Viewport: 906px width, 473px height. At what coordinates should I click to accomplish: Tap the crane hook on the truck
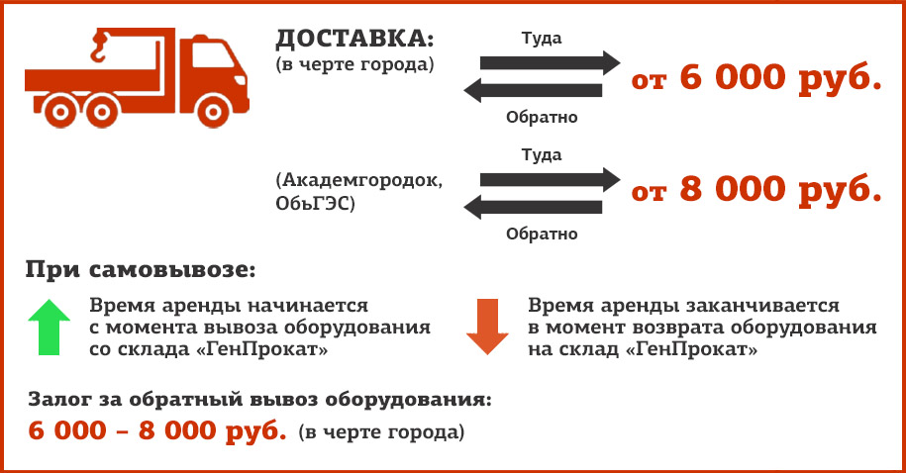click(x=99, y=47)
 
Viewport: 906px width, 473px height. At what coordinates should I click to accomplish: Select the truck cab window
click(x=212, y=55)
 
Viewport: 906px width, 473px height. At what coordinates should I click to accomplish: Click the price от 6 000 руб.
click(x=756, y=78)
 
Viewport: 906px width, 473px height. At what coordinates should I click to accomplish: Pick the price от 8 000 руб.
click(x=756, y=190)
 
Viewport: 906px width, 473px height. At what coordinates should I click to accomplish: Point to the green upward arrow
click(x=50, y=327)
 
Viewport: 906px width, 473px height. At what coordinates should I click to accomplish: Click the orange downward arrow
click(x=487, y=327)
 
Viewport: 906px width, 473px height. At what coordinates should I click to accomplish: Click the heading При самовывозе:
click(x=141, y=270)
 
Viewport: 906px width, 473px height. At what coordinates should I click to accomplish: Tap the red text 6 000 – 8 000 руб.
click(x=157, y=430)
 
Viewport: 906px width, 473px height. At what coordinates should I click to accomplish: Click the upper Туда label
click(x=542, y=39)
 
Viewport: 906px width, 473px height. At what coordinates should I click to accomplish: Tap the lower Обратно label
click(x=542, y=234)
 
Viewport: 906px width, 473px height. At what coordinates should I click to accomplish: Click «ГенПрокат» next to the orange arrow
click(x=692, y=349)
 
